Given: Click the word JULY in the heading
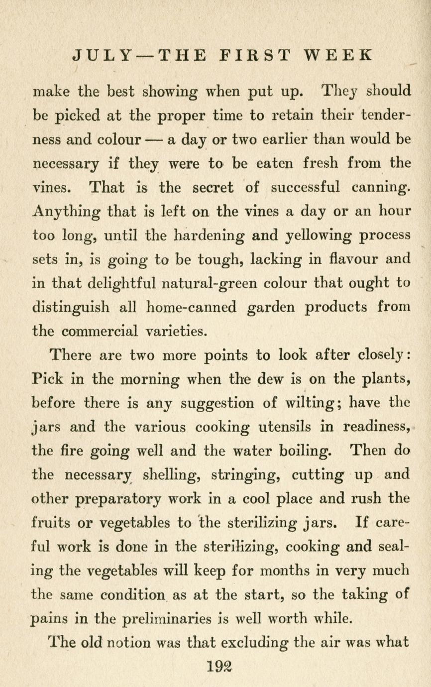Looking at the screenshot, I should click(x=102, y=54).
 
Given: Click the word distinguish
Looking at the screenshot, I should click(x=72, y=307).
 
